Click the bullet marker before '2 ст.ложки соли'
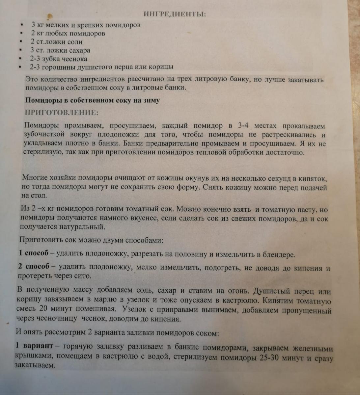[21, 42]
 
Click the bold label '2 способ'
[34, 267]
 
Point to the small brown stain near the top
[49, 15]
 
